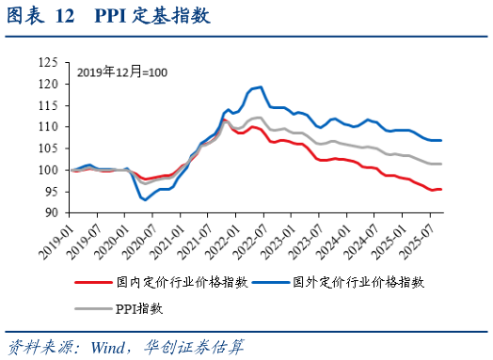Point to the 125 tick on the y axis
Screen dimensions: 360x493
[x=48, y=62]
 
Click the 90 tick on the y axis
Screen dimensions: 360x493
[x=52, y=213]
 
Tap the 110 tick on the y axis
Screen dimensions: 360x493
[x=48, y=127]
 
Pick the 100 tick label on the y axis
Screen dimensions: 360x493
[x=48, y=170]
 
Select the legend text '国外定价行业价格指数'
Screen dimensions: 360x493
[x=359, y=281]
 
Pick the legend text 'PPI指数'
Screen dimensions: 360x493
[x=138, y=307]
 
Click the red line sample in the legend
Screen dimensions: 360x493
[x=94, y=281]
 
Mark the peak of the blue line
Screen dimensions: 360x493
[x=260, y=86]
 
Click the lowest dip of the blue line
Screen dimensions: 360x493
[x=145, y=199]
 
